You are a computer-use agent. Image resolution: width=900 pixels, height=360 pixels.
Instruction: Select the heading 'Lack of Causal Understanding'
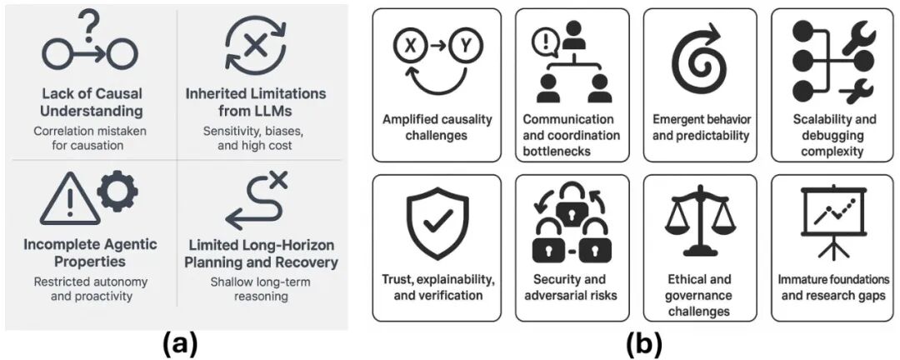(x=92, y=102)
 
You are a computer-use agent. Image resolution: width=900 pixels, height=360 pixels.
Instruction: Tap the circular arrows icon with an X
(x=254, y=43)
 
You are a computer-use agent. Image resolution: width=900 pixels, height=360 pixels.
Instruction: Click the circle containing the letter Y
(x=462, y=47)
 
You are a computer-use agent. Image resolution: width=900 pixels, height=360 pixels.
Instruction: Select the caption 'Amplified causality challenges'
(x=437, y=127)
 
